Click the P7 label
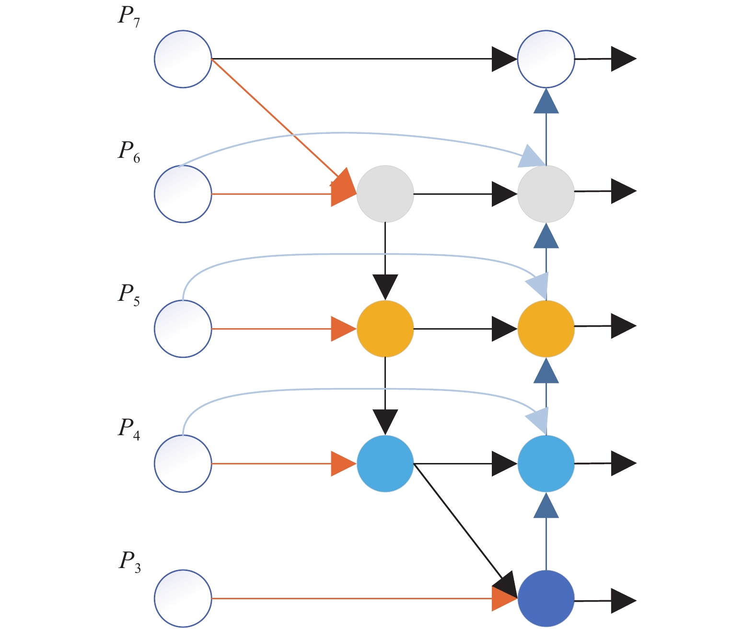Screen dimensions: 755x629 129,17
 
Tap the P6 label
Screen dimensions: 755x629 129,152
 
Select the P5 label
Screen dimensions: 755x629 129,295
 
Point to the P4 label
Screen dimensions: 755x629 129,429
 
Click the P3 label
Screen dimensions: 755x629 129,563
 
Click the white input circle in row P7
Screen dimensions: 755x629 183,59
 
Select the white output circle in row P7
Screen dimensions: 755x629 546,59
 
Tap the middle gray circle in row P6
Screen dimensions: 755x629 385,194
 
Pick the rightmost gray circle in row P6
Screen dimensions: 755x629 546,194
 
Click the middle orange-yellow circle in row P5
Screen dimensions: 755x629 385,329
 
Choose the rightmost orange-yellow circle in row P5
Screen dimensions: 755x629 546,329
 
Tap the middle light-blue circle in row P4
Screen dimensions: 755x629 385,463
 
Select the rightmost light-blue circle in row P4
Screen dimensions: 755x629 546,463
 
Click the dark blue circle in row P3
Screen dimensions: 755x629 546,598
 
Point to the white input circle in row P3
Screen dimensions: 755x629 183,598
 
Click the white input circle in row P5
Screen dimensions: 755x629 183,329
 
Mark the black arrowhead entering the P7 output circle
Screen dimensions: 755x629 504,59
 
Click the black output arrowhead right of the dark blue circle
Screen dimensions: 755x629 624,601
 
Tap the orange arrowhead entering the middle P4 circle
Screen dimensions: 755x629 344,463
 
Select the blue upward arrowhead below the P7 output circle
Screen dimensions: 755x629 546,101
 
